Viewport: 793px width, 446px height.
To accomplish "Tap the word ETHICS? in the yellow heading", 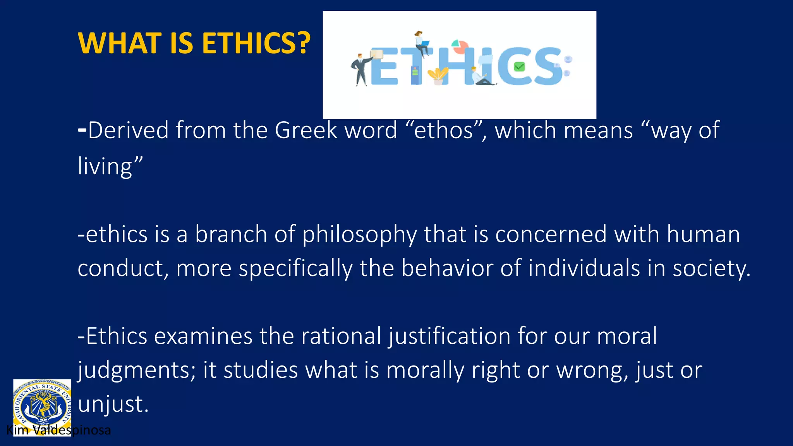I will (x=256, y=43).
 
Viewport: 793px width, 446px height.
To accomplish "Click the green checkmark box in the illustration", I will (x=519, y=67).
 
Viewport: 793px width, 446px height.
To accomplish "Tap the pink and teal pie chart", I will (x=460, y=46).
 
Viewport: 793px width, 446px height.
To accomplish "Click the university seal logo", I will (x=42, y=405).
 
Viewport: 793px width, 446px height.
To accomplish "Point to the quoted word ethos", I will (x=443, y=130).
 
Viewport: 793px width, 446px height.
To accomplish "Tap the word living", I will (x=105, y=166).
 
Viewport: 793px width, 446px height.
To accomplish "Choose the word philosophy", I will (x=360, y=235).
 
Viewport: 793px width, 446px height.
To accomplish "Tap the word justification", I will (x=449, y=336).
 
